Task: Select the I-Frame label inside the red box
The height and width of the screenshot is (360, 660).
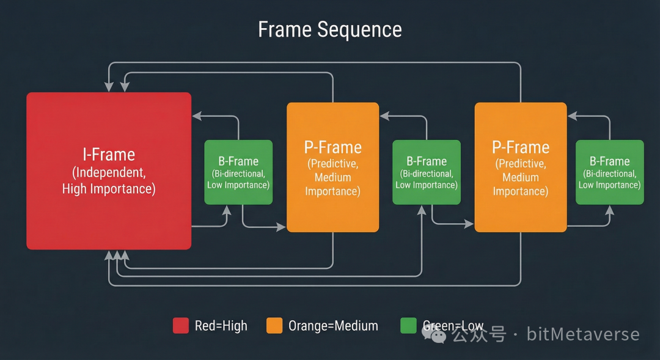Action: [109, 154]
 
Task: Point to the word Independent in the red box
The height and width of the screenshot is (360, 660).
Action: [109, 172]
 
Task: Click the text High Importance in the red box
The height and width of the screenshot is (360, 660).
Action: [109, 189]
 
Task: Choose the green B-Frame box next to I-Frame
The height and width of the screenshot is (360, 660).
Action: [238, 172]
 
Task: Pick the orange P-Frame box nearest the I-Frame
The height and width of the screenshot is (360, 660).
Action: [333, 167]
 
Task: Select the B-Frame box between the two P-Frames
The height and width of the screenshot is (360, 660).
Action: [427, 172]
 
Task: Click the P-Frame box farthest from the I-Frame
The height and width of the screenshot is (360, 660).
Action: [521, 167]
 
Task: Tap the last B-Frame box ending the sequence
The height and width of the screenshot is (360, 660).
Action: [610, 172]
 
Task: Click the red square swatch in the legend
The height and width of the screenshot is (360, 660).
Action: [181, 326]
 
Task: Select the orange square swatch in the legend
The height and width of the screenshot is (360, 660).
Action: [274, 326]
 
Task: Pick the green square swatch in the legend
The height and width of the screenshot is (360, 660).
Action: [408, 326]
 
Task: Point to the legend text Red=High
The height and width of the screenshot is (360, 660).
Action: [221, 326]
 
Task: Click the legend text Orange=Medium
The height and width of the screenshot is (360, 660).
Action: [333, 326]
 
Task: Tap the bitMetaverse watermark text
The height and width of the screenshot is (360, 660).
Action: [583, 334]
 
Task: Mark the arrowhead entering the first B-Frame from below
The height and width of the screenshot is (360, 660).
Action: [227, 209]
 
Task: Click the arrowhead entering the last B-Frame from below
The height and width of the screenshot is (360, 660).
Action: [609, 209]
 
